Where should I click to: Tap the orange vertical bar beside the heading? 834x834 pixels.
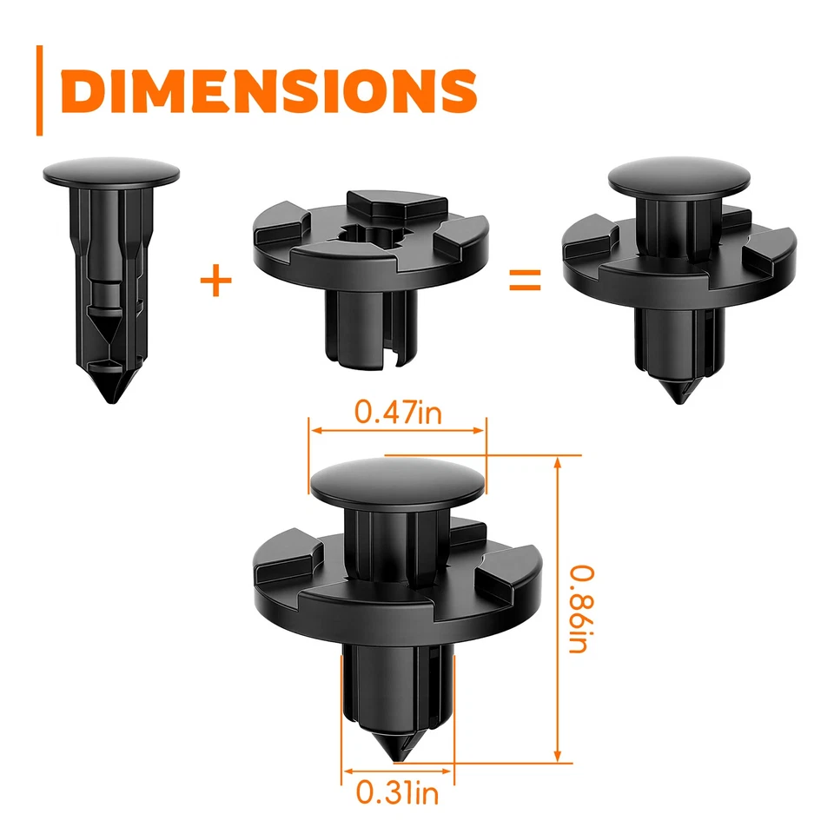(x=39, y=90)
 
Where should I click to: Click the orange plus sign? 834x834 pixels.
(x=216, y=281)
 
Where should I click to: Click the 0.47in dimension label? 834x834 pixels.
(x=398, y=412)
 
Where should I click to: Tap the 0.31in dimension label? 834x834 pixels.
(x=397, y=791)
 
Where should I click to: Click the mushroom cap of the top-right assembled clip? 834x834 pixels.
(x=678, y=175)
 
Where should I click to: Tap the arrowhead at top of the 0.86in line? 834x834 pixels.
(x=557, y=460)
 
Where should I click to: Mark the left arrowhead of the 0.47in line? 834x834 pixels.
(x=315, y=429)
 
